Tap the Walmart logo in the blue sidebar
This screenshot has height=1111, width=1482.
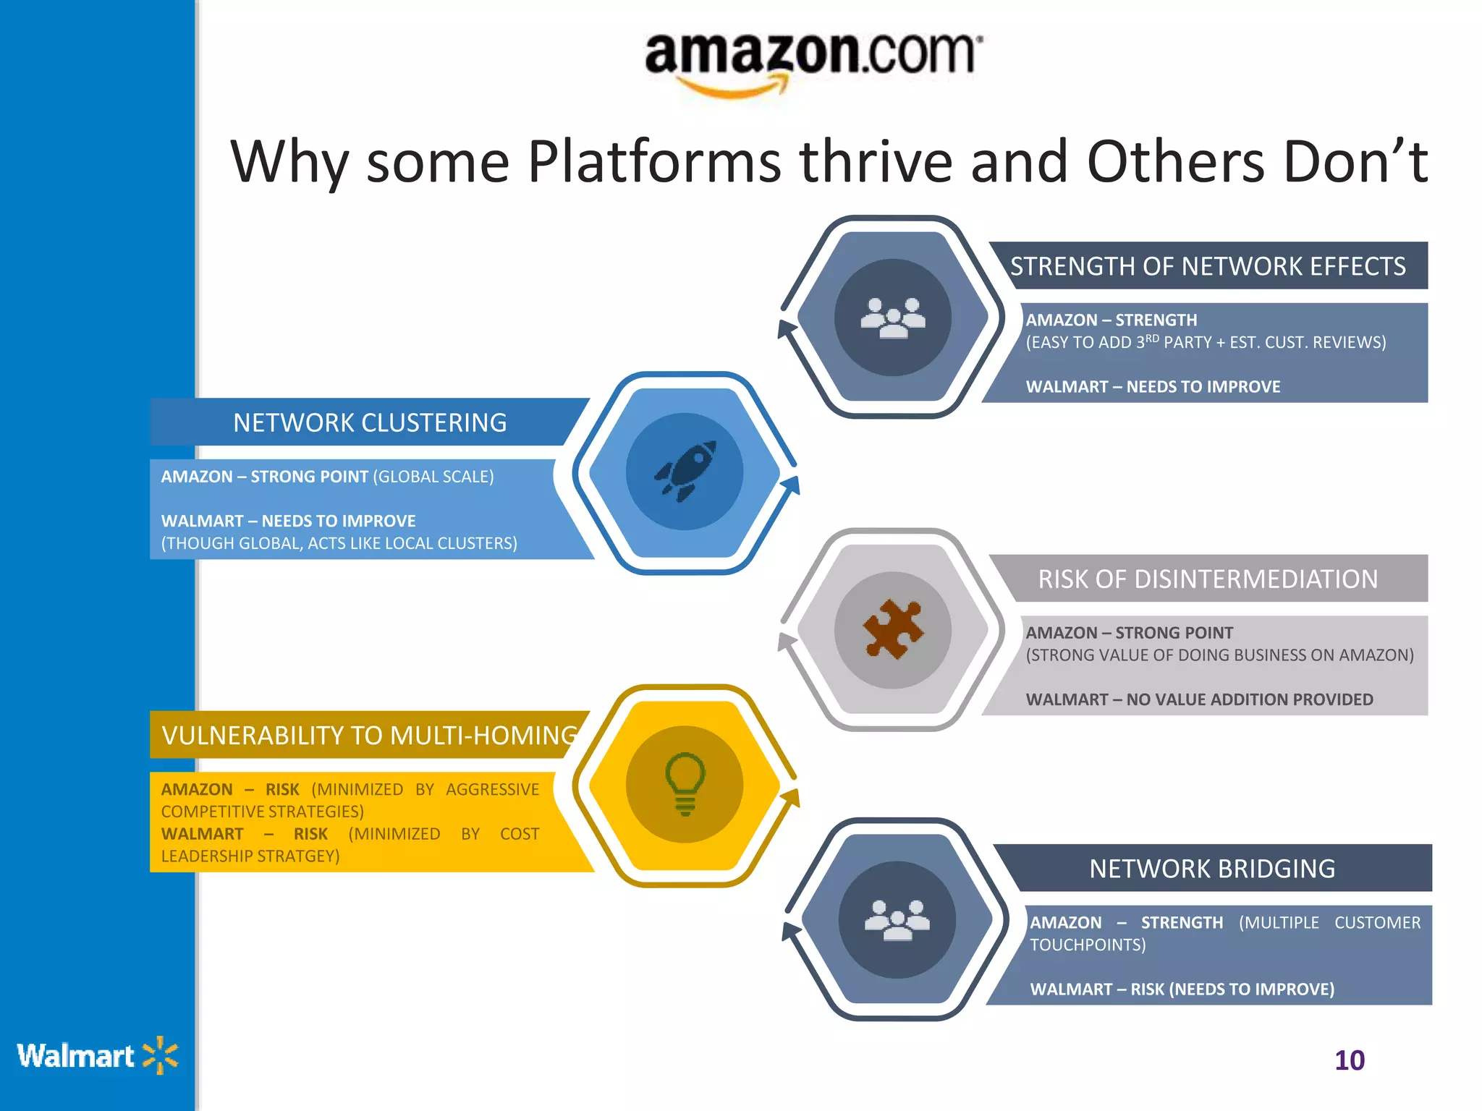[97, 1056]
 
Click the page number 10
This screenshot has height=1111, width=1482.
[1349, 1060]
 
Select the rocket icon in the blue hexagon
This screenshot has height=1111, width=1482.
[685, 472]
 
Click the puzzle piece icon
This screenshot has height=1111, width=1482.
[893, 629]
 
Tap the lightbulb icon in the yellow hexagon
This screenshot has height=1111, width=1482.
[685, 783]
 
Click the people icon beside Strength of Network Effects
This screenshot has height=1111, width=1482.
[893, 318]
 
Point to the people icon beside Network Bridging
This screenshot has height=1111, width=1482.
[897, 920]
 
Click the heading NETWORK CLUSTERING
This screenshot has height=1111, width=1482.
[370, 422]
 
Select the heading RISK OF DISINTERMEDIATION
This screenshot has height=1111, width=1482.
[1208, 579]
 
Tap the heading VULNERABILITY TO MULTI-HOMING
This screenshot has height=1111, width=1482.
[370, 735]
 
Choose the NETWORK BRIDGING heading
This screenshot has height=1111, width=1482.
[1212, 868]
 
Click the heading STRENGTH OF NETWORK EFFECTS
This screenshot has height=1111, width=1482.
[1208, 266]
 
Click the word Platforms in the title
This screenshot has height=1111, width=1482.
[654, 162]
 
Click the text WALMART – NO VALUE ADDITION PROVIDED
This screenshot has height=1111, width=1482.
[1199, 699]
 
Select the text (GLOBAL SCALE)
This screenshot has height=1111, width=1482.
[433, 477]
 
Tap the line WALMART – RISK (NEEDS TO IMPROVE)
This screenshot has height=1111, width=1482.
[1182, 989]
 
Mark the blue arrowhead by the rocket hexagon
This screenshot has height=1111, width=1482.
[792, 485]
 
